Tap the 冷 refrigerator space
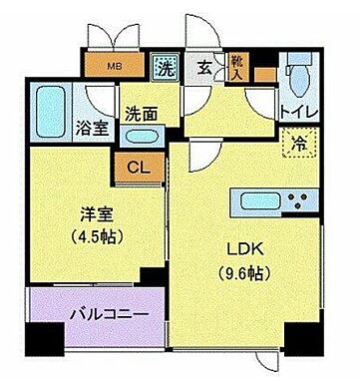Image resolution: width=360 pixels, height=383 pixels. point(298,142)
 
